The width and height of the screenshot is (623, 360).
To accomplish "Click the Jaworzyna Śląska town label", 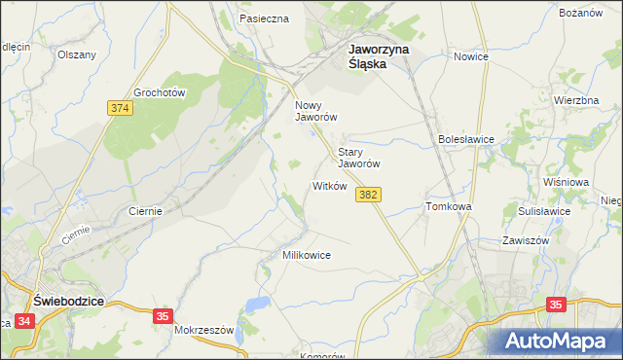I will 380,55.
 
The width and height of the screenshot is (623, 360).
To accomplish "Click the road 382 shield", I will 368,196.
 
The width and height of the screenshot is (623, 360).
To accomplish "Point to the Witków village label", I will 329,186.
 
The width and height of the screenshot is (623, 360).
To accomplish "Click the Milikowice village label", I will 307,255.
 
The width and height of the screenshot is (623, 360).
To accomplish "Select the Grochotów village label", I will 160,92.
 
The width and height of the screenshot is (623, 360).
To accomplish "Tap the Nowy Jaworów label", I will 315,111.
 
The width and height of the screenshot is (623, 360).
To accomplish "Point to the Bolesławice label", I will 466,139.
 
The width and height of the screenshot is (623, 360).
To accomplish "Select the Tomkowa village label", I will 449,207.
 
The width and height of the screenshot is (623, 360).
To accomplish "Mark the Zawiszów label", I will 527,240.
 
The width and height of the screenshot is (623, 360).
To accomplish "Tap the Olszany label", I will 77,54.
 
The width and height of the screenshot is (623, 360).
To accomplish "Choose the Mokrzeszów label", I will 204,330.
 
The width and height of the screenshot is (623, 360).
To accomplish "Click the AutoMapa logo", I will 559,342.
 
